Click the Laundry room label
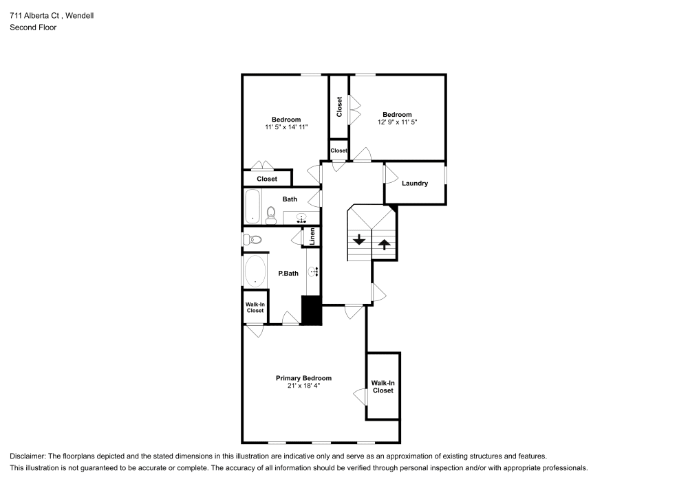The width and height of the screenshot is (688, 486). pyautogui.click(x=415, y=184)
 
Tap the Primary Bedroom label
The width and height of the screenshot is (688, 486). pyautogui.click(x=303, y=378)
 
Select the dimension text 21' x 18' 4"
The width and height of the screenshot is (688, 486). pyautogui.click(x=303, y=386)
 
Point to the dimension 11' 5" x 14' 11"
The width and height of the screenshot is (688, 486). pyautogui.click(x=286, y=127)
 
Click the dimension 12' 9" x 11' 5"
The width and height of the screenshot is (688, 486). pyautogui.click(x=397, y=122)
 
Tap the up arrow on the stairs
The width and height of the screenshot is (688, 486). pyautogui.click(x=384, y=243)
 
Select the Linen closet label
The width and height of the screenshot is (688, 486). pyautogui.click(x=312, y=236)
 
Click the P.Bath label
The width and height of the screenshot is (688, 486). pyautogui.click(x=288, y=274)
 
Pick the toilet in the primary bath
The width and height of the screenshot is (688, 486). pyautogui.click(x=253, y=240)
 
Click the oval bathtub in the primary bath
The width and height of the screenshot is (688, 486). pyautogui.click(x=255, y=271)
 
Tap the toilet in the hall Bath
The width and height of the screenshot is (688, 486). pyautogui.click(x=270, y=215)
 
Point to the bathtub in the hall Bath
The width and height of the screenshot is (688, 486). pyautogui.click(x=253, y=206)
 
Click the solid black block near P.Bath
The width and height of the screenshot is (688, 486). pyautogui.click(x=312, y=310)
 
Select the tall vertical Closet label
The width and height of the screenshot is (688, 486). pyautogui.click(x=339, y=107)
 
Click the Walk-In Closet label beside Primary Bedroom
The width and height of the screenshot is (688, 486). pyautogui.click(x=383, y=386)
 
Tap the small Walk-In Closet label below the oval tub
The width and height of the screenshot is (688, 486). pyautogui.click(x=255, y=307)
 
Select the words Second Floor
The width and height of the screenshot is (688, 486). pyautogui.click(x=33, y=27)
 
